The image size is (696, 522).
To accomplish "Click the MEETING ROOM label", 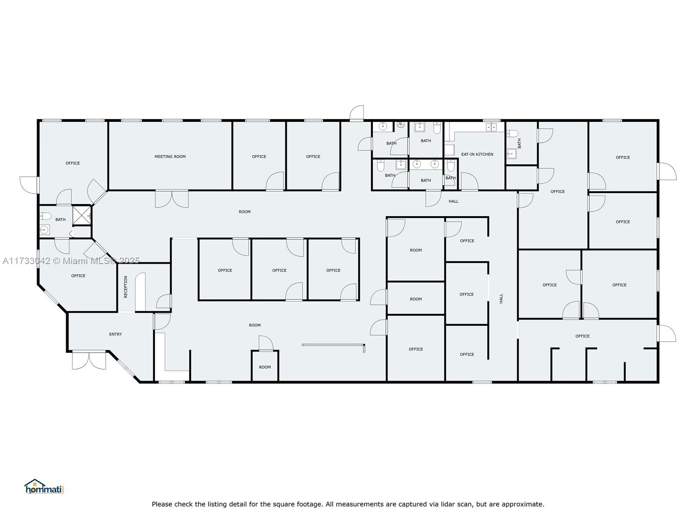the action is pyautogui.click(x=170, y=157).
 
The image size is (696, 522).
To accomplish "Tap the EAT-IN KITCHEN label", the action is pyautogui.click(x=477, y=154).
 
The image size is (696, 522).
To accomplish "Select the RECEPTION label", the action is pyautogui.click(x=126, y=287).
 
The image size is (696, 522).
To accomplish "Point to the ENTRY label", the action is pyautogui.click(x=115, y=334).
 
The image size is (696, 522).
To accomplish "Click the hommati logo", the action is pyautogui.click(x=44, y=487).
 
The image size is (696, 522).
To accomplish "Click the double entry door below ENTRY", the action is pyautogui.click(x=89, y=360).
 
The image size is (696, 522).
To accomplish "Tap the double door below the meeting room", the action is pyautogui.click(x=172, y=199).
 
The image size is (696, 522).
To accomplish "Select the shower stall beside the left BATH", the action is pyautogui.click(x=82, y=215).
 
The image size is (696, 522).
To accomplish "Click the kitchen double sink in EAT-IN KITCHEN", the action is pyautogui.click(x=491, y=127).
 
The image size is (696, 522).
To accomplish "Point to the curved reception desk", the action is pyautogui.click(x=141, y=291).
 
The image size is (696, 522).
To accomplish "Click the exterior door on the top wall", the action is pyautogui.click(x=357, y=113).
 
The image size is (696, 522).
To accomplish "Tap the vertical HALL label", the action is pyautogui.click(x=501, y=298).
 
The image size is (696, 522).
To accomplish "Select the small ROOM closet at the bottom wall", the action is pyautogui.click(x=265, y=366).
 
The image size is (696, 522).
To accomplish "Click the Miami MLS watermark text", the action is pyautogui.click(x=71, y=261).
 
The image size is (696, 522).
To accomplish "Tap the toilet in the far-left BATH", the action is pyautogui.click(x=45, y=216).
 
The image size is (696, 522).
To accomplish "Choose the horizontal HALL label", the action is pyautogui.click(x=453, y=201).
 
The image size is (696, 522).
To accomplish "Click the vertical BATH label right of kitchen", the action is pyautogui.click(x=519, y=143).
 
